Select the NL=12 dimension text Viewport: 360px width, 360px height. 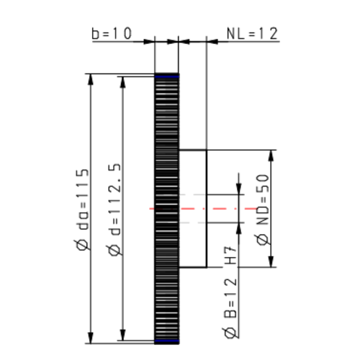pyautogui.click(x=252, y=34)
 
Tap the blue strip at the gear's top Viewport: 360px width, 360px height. pyautogui.click(x=166, y=76)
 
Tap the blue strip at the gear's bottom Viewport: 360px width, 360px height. pyautogui.click(x=166, y=340)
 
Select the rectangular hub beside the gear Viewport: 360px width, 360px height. pyautogui.click(x=193, y=208)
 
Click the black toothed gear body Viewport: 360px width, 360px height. pyautogui.click(x=166, y=144)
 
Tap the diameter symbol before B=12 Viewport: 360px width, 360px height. pyautogui.click(x=232, y=333)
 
